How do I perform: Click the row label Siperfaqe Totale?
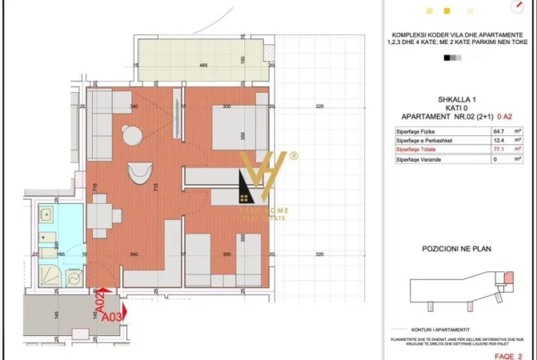[x=416, y=150]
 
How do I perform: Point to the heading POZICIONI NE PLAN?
[x=456, y=249]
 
